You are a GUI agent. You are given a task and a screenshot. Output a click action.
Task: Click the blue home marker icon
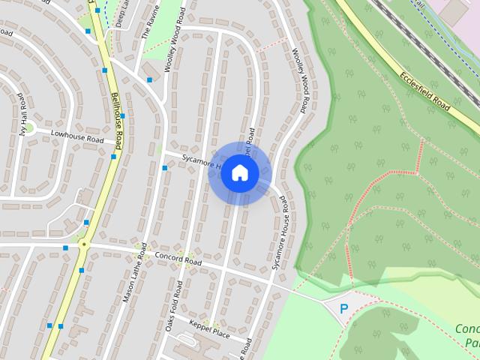tap(240, 173)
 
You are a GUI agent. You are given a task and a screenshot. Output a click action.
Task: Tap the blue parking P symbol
tap(344, 308)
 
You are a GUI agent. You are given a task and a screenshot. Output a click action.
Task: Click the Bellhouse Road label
tap(117, 112)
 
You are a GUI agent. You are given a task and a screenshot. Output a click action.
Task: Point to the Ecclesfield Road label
tap(424, 92)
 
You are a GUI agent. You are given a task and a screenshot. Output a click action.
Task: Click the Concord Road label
tap(178, 259)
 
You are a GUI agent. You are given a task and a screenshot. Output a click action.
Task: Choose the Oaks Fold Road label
tap(174, 306)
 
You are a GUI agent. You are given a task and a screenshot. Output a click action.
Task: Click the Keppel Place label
tap(209, 328)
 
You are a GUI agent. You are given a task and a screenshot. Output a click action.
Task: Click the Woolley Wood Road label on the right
tap(300, 81)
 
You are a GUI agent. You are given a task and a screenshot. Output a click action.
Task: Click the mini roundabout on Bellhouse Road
tap(84, 244)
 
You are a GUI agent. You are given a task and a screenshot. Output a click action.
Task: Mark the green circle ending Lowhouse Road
tap(31, 129)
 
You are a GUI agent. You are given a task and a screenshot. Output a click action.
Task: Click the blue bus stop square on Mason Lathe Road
tap(165, 168)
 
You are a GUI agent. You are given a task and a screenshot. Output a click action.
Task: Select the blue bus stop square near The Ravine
tap(149, 79)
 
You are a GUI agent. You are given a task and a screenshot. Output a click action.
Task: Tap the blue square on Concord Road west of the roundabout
tap(65, 247)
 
